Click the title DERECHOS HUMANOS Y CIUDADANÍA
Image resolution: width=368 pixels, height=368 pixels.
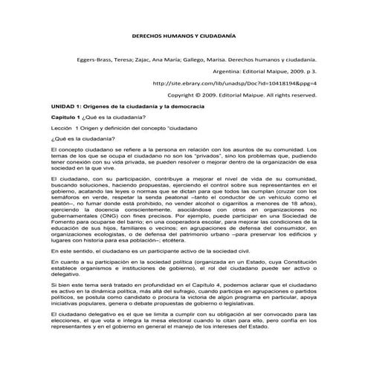(184, 35)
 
